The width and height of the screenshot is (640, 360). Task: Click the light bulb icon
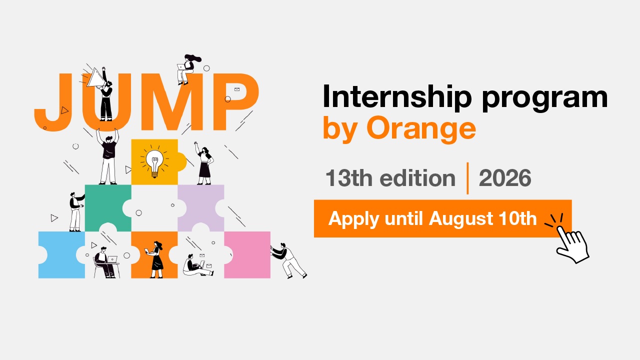[x=154, y=163]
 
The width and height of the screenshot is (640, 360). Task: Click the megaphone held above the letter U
[x=95, y=77]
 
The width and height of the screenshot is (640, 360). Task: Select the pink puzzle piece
[x=247, y=255]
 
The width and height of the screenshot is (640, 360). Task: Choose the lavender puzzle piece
[x=200, y=207]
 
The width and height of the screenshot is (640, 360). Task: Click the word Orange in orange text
[x=421, y=129]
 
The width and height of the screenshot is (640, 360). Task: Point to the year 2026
[x=505, y=178]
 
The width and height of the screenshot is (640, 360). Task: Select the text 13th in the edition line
[x=349, y=178]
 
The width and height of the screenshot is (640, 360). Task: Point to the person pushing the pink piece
[x=288, y=260]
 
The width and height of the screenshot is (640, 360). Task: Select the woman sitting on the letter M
[x=187, y=69]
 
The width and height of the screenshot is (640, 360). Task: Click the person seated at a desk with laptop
[x=105, y=263]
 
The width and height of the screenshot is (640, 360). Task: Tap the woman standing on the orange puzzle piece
[x=156, y=259]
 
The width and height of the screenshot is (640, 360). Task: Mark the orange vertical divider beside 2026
[x=467, y=178]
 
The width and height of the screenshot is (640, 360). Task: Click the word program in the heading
[x=545, y=98]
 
